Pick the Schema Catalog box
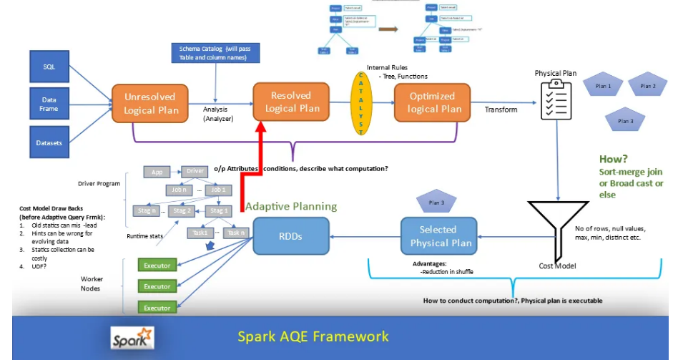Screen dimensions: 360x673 click(215, 54)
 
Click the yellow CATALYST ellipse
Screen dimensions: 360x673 click(361, 103)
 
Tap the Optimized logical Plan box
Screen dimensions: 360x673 click(431, 103)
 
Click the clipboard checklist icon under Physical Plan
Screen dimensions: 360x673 click(556, 102)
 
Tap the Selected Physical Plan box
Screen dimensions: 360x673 click(441, 236)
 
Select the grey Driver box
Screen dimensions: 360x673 click(196, 172)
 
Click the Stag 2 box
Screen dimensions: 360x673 click(183, 210)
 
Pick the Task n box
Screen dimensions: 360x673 click(235, 233)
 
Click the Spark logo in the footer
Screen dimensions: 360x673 click(132, 338)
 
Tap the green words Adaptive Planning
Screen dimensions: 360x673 click(291, 206)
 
